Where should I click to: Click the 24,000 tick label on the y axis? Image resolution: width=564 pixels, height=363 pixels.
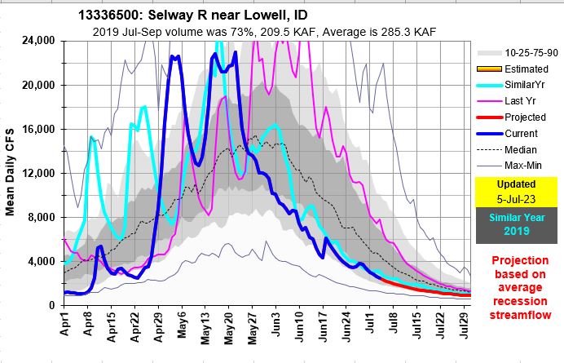pyautogui.click(x=37, y=42)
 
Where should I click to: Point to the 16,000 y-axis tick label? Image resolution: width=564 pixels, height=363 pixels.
pyautogui.click(x=37, y=130)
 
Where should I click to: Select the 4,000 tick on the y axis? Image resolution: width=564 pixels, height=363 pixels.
pyautogui.click(x=41, y=261)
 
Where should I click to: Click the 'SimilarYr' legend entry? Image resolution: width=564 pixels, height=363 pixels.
pyautogui.click(x=526, y=86)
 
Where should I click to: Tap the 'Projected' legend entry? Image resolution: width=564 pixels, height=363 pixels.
pyautogui.click(x=525, y=117)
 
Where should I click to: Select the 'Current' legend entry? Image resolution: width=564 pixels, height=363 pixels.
pyautogui.click(x=522, y=134)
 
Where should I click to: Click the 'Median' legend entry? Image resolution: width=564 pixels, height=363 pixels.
pyautogui.click(x=521, y=150)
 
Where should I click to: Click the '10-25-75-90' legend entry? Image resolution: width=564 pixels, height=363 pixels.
pyautogui.click(x=529, y=52)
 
